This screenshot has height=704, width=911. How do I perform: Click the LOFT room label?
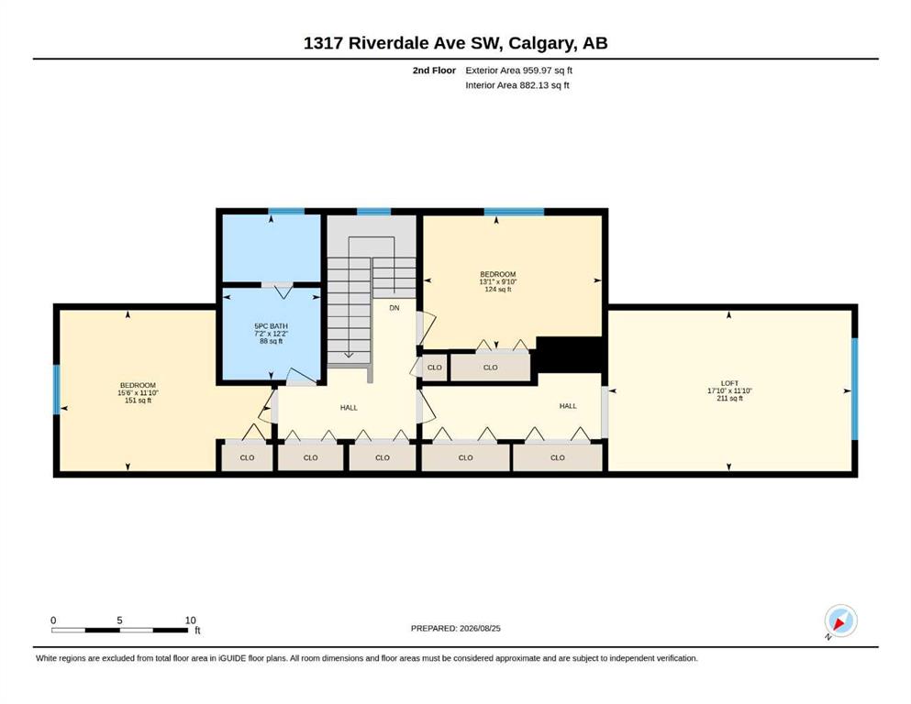729,383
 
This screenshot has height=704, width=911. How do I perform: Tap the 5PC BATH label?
271,326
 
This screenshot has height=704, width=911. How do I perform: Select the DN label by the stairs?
394,308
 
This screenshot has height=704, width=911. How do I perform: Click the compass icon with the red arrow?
840,621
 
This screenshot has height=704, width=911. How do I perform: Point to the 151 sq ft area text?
138,401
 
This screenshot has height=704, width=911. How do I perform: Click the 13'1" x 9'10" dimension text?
498,281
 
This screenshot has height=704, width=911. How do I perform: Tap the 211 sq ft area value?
729,398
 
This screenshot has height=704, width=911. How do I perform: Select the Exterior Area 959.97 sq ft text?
519,71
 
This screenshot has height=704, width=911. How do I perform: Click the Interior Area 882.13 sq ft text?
517,85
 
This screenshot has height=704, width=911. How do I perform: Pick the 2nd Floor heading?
434,71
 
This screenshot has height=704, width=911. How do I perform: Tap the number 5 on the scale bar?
119,620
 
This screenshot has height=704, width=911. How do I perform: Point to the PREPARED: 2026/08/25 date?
455,628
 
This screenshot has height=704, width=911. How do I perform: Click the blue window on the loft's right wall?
855,389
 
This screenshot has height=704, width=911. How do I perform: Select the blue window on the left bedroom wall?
56,390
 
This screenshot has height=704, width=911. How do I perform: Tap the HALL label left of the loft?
568,406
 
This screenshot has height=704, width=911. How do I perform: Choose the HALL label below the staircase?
349,407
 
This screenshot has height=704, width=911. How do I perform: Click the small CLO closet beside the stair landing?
435,368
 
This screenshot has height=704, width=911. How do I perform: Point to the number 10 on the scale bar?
190,620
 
